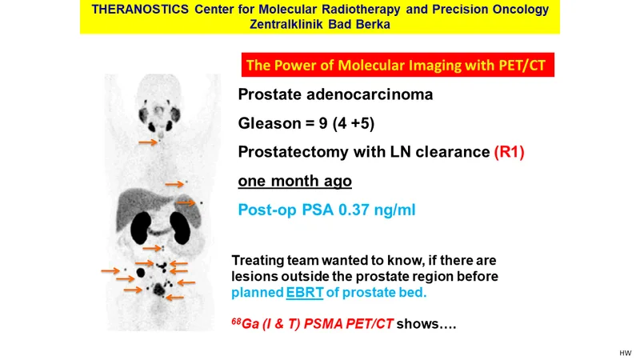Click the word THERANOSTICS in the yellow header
pos(140,9)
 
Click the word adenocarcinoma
pos(370,94)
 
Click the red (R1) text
pos(509,152)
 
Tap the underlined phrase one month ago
pos(294,181)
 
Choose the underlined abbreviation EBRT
pos(305,293)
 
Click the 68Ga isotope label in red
pos(246,324)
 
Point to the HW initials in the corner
pos(626,354)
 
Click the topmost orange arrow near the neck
pos(148,142)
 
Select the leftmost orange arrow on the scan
pos(110,270)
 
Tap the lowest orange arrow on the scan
pos(174,298)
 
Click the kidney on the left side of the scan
pos(141,229)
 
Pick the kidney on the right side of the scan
pos(180,229)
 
